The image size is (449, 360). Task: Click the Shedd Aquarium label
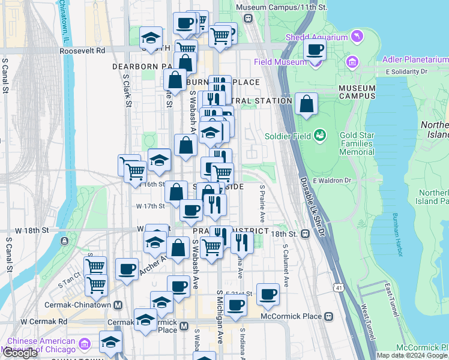pyautogui.click(x=324, y=37)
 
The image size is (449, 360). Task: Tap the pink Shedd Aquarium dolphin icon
pyautogui.click(x=357, y=37)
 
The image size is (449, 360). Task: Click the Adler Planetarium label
pyautogui.click(x=416, y=60)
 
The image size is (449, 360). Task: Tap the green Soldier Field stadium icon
pyautogui.click(x=320, y=135)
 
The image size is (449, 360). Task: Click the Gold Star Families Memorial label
pyautogui.click(x=357, y=144)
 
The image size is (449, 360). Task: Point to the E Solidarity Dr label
pyautogui.click(x=406, y=71)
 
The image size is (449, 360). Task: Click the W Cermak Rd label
pyautogui.click(x=44, y=322)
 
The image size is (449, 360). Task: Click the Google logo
pyautogui.click(x=20, y=353)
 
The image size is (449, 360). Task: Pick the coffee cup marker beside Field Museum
pyautogui.click(x=315, y=50)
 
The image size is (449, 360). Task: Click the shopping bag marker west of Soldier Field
pyautogui.click(x=306, y=103)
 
